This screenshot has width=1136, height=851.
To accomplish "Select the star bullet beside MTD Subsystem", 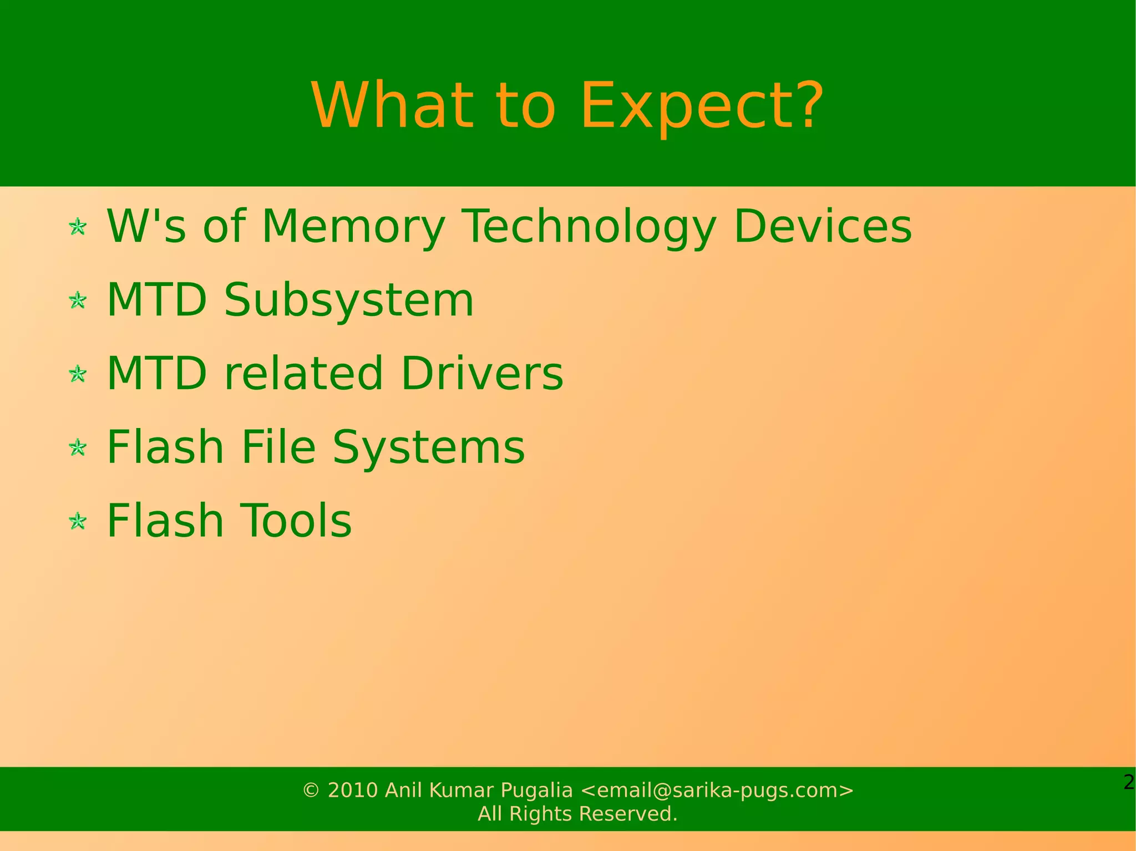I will pos(78,300).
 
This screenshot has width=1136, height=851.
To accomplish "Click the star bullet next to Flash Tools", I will pos(78,521).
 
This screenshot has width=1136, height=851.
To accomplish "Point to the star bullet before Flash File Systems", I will pos(78,447).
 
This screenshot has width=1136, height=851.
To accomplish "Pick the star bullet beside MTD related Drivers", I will pos(78,374).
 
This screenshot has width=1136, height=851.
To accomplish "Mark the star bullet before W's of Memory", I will pos(78,227).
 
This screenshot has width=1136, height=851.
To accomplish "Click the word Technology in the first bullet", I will pos(589,227).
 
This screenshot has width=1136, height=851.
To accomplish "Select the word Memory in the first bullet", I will pos(353,227).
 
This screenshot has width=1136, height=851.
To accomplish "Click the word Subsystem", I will pos(349,300).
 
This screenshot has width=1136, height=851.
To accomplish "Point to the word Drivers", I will pos(481,373).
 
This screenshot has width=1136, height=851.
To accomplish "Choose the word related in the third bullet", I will pos(303,373).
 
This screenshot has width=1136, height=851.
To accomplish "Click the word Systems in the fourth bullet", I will pos(428,447).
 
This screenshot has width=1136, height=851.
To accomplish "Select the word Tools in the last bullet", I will pos(297,521).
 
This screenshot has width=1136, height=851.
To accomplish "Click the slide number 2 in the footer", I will pos(1128,783).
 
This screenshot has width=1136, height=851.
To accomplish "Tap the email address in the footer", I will pos(717,790).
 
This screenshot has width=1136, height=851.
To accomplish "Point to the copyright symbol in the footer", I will pos(311,791).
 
